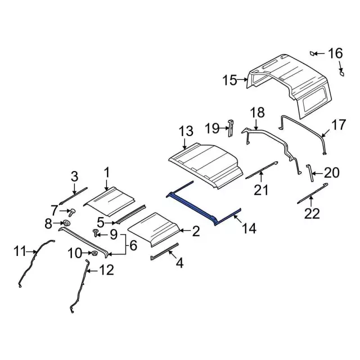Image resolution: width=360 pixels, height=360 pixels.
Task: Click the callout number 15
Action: pos(230,81)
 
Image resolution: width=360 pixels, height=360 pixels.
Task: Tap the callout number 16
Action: pos(335,53)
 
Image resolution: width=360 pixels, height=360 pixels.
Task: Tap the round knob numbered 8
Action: pos(66,224)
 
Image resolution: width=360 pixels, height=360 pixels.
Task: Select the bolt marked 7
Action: pos(72,212)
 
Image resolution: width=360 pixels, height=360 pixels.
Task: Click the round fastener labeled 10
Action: pos(93,254)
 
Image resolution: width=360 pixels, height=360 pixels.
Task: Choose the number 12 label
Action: pos(106,271)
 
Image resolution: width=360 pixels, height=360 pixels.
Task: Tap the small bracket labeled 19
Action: pos(231,128)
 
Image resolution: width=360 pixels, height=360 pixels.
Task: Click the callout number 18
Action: pos(256,112)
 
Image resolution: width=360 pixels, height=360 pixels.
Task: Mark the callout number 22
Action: pos(312,213)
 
